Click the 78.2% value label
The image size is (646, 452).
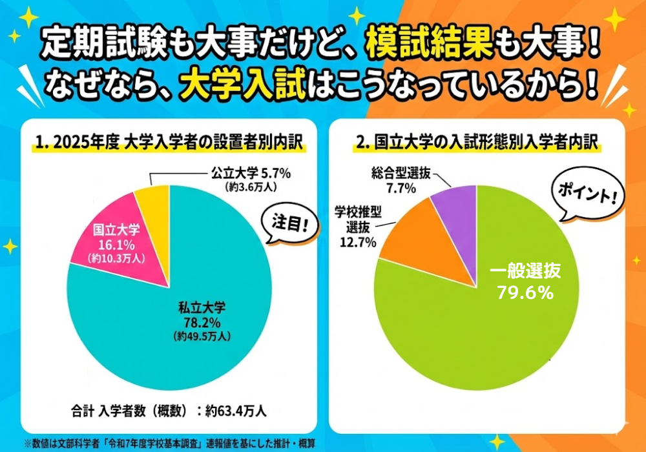click(x=202, y=321)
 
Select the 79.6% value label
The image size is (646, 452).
click(x=525, y=293)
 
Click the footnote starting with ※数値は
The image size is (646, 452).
click(x=174, y=444)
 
